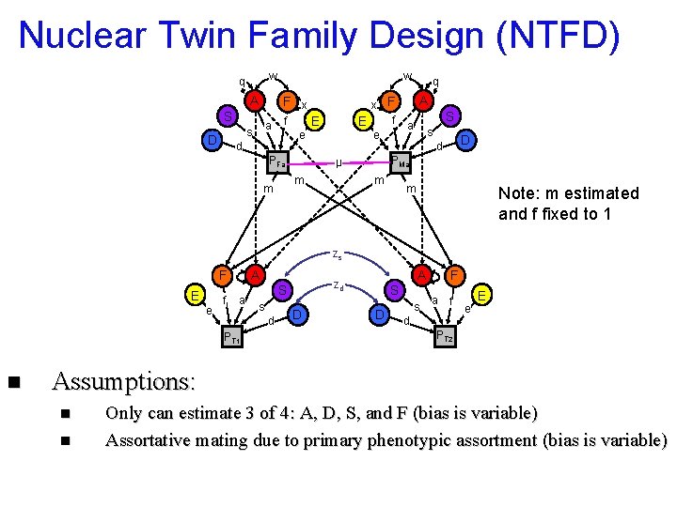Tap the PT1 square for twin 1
(x=231, y=337)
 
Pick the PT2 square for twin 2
(x=444, y=336)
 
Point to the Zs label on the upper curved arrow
(x=337, y=253)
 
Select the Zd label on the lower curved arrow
(x=338, y=284)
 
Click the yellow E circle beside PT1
(x=194, y=297)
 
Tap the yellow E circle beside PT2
(x=482, y=295)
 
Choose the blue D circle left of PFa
(x=213, y=141)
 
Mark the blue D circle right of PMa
(x=464, y=141)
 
